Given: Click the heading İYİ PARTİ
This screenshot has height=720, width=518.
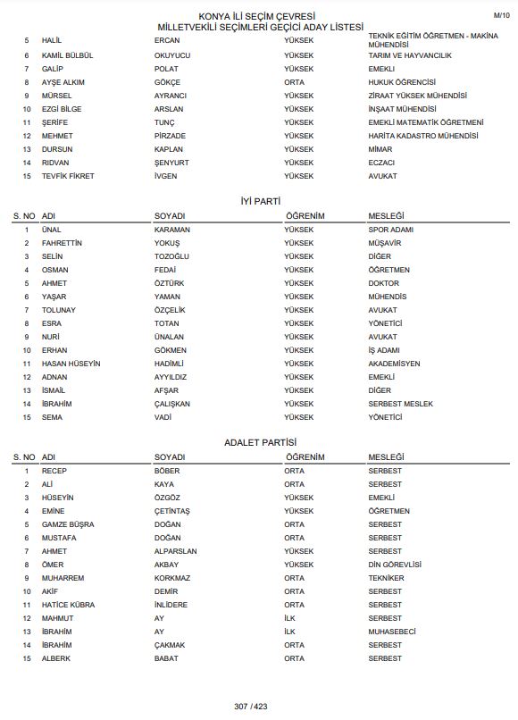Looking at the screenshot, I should [260, 203].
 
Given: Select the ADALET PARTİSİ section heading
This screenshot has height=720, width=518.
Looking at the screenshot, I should [260, 444].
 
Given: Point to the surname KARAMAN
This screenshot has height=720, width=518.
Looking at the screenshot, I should [172, 230].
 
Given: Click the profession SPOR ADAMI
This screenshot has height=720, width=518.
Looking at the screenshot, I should [391, 230].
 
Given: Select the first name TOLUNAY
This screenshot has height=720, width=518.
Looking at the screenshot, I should [59, 310].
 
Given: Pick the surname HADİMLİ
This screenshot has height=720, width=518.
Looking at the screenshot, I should [169, 364].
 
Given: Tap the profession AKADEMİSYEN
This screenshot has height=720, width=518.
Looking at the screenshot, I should [395, 364].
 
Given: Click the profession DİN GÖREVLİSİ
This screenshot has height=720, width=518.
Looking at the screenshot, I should [395, 565].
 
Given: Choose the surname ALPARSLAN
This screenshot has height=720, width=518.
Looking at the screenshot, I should [176, 551].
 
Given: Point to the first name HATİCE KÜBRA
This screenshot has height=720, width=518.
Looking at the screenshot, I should [68, 605].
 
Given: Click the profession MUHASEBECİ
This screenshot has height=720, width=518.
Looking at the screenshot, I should [394, 632].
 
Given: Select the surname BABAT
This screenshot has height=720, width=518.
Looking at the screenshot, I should [166, 658].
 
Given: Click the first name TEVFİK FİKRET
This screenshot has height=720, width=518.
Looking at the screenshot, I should [68, 176].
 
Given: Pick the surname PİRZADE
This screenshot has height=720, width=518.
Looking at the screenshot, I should [171, 136].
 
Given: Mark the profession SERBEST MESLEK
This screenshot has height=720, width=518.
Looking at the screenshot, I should [400, 404].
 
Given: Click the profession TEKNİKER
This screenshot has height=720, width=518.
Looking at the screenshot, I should [386, 578].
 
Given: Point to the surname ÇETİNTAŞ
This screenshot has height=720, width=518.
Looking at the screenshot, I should [172, 511].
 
